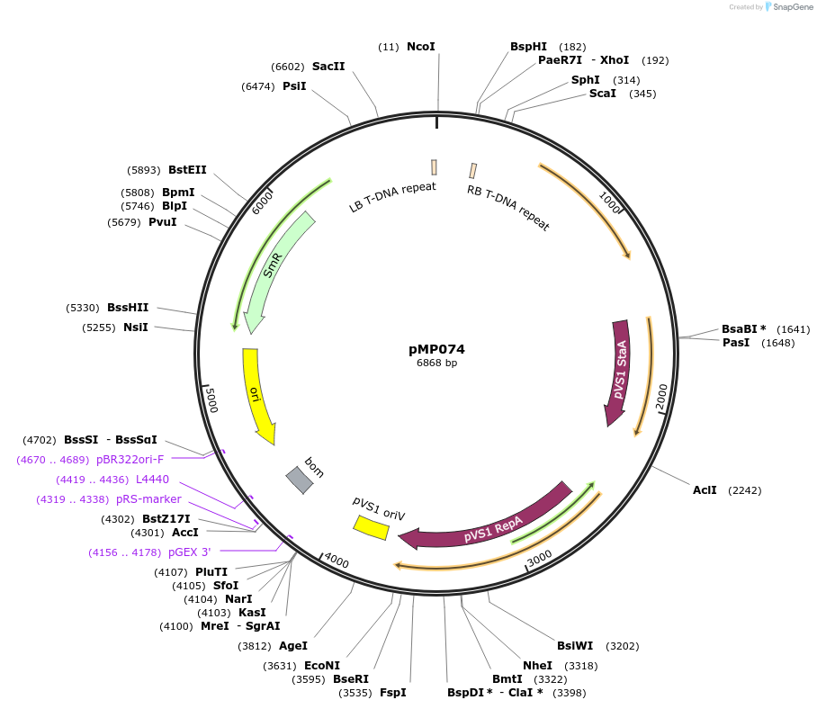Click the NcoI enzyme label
click(420, 46)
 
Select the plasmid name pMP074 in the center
click(436, 349)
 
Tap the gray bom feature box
click(300, 480)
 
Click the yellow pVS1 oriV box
click(371, 527)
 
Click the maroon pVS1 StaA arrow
click(619, 369)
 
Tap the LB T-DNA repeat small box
click(435, 167)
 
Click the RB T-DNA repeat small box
click(472, 170)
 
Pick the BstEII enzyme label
click(187, 169)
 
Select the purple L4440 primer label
click(152, 479)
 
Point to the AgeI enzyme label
click(292, 645)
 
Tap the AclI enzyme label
click(705, 489)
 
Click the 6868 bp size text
click(436, 363)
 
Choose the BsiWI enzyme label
click(574, 645)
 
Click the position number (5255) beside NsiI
click(99, 328)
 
